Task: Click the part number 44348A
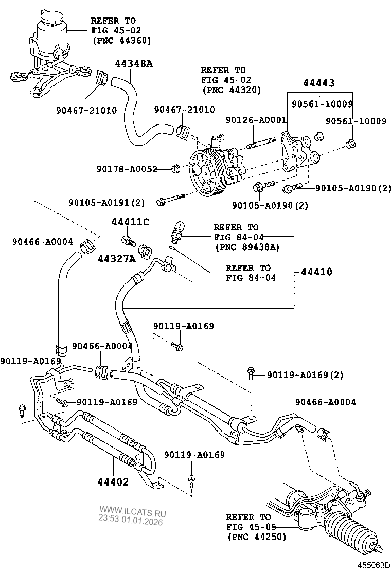click(134, 64)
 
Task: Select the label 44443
click(318, 83)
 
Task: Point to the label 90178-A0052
click(127, 169)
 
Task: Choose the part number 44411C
click(130, 222)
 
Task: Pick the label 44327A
click(116, 258)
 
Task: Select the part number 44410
click(316, 272)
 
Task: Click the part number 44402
click(113, 482)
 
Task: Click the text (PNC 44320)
click(232, 90)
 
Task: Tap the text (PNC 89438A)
click(246, 247)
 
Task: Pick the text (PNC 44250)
click(257, 537)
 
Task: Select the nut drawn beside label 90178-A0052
click(175, 168)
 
